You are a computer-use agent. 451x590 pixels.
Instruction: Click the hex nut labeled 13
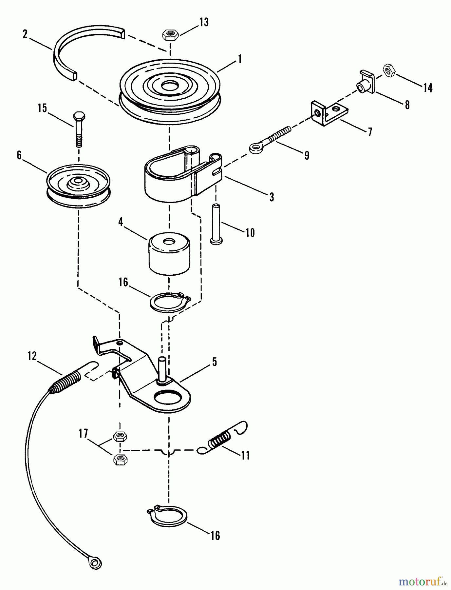point(170,34)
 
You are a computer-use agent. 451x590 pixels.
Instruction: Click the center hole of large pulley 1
point(169,86)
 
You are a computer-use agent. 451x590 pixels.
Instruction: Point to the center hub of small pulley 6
point(78,181)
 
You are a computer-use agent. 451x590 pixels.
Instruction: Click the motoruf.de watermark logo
point(423,582)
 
